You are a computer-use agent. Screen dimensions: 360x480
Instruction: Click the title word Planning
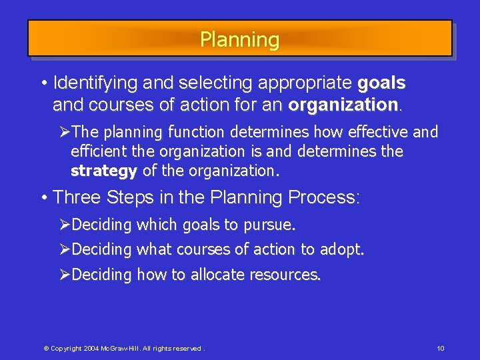[239, 39]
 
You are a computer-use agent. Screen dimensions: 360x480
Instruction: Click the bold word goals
[381, 83]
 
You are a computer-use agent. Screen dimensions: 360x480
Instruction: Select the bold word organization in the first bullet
[343, 105]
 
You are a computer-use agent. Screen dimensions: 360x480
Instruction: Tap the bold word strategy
[103, 171]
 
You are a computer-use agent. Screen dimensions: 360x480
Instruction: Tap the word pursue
[269, 225]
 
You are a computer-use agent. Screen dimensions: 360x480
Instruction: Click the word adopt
[341, 250]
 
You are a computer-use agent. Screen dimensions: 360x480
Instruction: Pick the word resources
[285, 275]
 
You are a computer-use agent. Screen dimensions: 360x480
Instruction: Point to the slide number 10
[441, 349]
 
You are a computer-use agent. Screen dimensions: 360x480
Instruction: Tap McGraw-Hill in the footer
[121, 349]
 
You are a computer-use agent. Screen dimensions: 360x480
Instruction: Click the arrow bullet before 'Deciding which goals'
[65, 225]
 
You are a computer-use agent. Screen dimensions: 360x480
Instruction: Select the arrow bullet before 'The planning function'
[65, 132]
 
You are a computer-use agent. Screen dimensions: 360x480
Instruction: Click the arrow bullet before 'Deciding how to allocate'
[65, 275]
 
